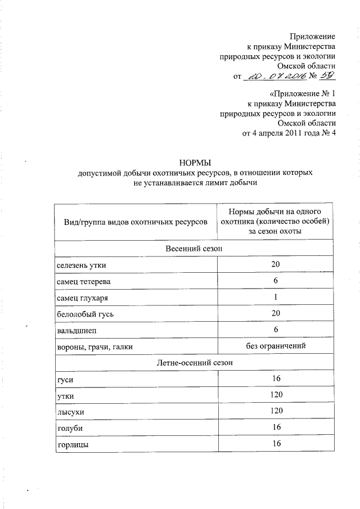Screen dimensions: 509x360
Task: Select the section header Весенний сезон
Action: click(193, 249)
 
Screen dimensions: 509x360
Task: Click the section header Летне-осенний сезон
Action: click(193, 363)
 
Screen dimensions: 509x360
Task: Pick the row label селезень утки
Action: click(81, 265)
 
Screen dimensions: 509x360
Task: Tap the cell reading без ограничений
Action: click(276, 346)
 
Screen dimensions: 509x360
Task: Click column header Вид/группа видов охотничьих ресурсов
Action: click(132, 223)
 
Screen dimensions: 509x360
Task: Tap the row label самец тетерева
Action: click(83, 281)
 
